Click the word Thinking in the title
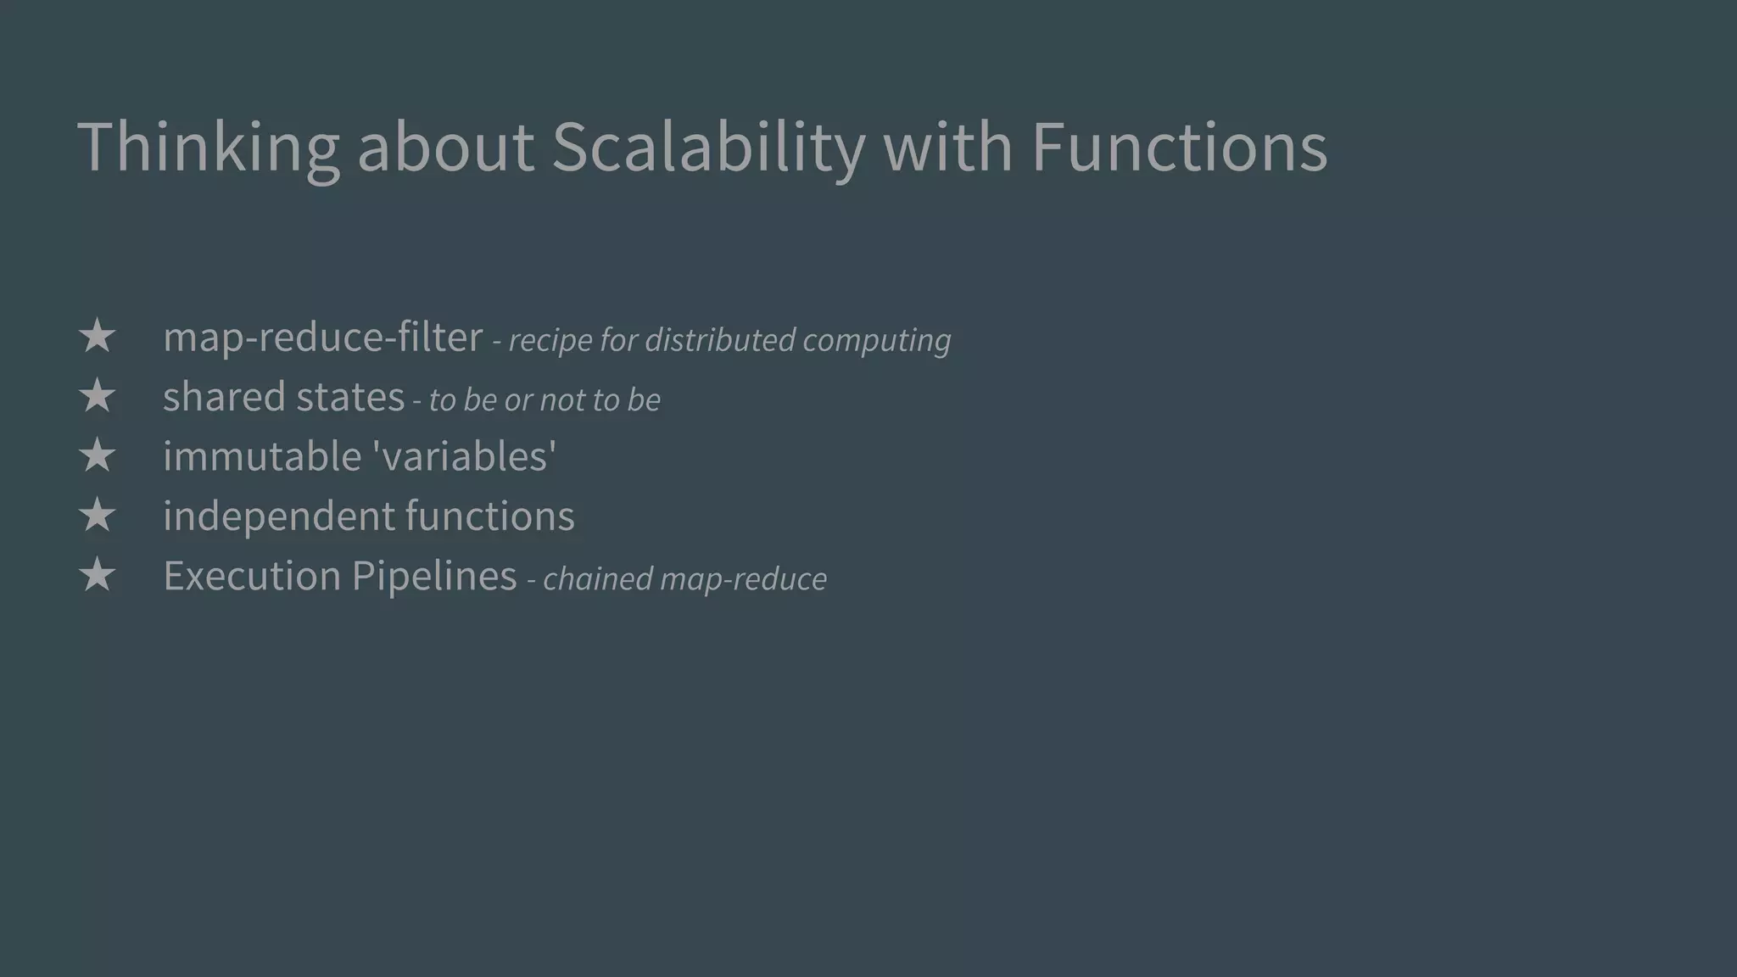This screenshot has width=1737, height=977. (x=208, y=148)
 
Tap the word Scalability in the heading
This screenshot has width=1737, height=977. (x=708, y=148)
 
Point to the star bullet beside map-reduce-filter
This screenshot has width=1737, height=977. (x=97, y=337)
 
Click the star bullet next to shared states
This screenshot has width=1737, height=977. (x=97, y=396)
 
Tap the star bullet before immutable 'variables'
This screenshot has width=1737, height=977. (x=97, y=456)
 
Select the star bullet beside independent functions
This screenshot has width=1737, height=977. (x=97, y=516)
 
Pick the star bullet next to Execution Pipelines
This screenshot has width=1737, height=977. (x=97, y=576)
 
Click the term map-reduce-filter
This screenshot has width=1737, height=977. (x=322, y=338)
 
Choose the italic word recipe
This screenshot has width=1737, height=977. (x=550, y=340)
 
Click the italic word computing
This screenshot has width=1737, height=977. (x=876, y=341)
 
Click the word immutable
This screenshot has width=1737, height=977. (x=262, y=456)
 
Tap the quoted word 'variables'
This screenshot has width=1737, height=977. (x=465, y=456)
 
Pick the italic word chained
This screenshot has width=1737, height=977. (x=597, y=579)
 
